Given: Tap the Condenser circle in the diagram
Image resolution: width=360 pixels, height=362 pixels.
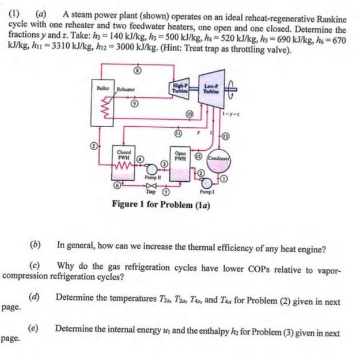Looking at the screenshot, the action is (x=219, y=160).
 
